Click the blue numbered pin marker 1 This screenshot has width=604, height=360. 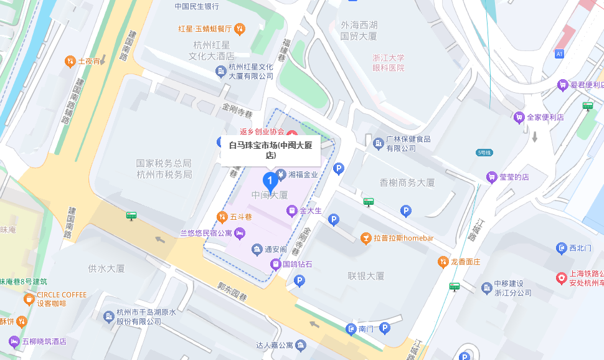270,182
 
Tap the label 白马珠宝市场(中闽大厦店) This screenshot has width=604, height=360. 271,150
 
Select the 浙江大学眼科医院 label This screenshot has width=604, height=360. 389,62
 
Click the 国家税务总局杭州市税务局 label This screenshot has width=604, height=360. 164,169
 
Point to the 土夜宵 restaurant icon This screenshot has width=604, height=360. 70,61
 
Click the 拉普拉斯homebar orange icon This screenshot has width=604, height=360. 366,238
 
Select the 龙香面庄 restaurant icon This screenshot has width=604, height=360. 443,262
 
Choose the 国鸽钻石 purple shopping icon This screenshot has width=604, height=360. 275,264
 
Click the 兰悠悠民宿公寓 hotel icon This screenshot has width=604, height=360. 240,233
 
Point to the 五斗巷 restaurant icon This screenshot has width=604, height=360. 222,217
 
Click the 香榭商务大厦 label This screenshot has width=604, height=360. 407,182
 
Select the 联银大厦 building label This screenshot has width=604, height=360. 366,275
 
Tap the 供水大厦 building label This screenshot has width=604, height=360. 106,268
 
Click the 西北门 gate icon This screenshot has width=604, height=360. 561,249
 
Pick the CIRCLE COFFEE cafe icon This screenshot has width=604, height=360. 29,299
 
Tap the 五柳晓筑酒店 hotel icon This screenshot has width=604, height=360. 14,341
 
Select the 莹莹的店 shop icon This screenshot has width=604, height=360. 492,177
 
